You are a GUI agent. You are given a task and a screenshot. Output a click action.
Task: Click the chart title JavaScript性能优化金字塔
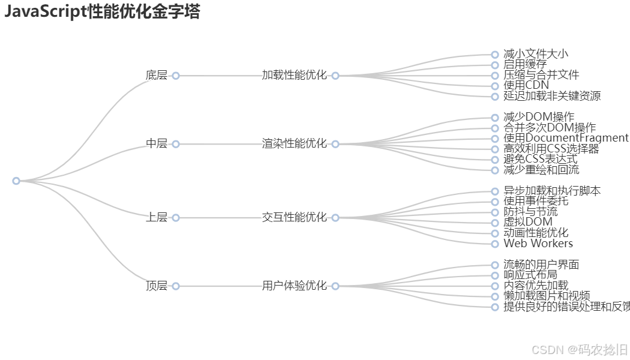point(102,12)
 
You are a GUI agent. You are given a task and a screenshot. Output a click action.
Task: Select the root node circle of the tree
point(16,181)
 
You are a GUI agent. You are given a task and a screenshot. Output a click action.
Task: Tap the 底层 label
point(157,76)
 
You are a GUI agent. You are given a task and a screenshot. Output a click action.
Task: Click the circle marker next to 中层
point(176,144)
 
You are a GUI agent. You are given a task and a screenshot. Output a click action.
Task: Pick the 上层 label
point(157,218)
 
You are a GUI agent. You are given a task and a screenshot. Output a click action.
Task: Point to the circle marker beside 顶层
point(176,286)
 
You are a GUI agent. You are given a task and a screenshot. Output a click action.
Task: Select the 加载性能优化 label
point(294,76)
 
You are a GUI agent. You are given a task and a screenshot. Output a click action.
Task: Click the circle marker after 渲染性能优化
point(335,144)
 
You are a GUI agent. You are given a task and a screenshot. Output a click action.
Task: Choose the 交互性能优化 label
point(294,218)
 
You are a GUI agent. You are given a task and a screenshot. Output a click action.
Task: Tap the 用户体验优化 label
point(294,286)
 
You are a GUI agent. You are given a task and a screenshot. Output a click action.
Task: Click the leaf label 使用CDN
point(526,86)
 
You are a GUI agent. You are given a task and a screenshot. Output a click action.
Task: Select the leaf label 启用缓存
point(525,65)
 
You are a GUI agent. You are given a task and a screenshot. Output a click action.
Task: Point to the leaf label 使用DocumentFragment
point(566,139)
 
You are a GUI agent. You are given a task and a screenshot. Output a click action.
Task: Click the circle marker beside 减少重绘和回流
point(495,170)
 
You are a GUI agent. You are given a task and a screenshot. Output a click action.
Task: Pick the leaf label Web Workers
point(538,244)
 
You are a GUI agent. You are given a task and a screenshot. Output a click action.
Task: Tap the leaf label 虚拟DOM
point(528,223)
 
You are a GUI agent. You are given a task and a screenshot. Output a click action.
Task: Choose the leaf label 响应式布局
point(530,275)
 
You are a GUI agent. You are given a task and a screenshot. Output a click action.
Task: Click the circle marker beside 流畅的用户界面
point(495,265)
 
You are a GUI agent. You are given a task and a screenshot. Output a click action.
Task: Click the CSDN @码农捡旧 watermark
point(580,349)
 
